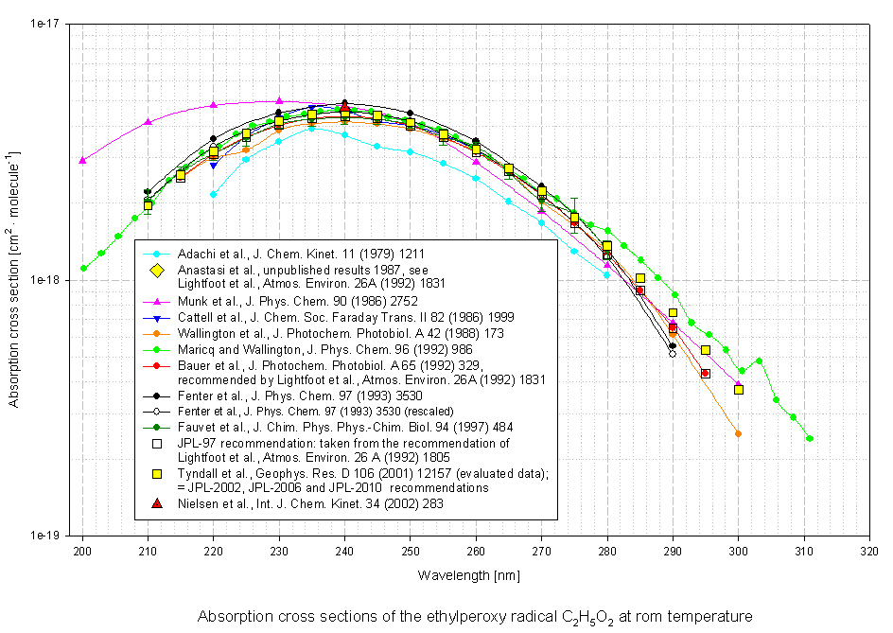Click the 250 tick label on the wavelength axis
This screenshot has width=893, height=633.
pyautogui.click(x=410, y=551)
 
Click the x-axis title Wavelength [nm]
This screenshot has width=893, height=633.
pyautogui.click(x=475, y=574)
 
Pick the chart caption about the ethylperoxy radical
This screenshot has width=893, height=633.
pyautogui.click(x=475, y=616)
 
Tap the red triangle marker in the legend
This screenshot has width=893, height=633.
pyautogui.click(x=159, y=504)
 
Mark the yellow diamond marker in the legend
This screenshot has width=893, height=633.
pyautogui.click(x=159, y=273)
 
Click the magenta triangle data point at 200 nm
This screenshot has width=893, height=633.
pyautogui.click(x=82, y=160)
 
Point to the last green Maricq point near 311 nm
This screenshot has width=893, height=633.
pyautogui.click(x=810, y=438)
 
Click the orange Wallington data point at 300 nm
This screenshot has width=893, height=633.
pyautogui.click(x=738, y=433)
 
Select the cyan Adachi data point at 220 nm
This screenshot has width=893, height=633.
pyautogui.click(x=213, y=194)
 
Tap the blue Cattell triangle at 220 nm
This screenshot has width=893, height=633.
pyautogui.click(x=213, y=165)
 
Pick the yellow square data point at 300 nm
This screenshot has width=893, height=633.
pyautogui.click(x=738, y=390)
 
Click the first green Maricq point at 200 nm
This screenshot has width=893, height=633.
pyautogui.click(x=83, y=268)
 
